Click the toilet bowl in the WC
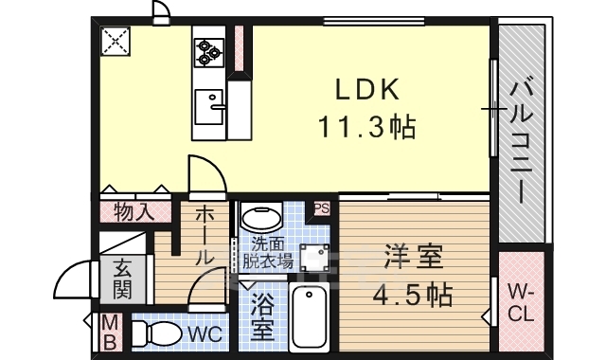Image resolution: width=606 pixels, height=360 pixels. coord(158,333)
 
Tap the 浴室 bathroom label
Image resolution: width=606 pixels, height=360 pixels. coord(263,319)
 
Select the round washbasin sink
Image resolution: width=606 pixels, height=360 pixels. coord(262,217)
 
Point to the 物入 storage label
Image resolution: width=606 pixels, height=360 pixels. coord(134,210)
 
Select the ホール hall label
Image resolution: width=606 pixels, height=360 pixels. coord(204,237)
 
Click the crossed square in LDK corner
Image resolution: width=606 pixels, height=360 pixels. coord(117,42)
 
